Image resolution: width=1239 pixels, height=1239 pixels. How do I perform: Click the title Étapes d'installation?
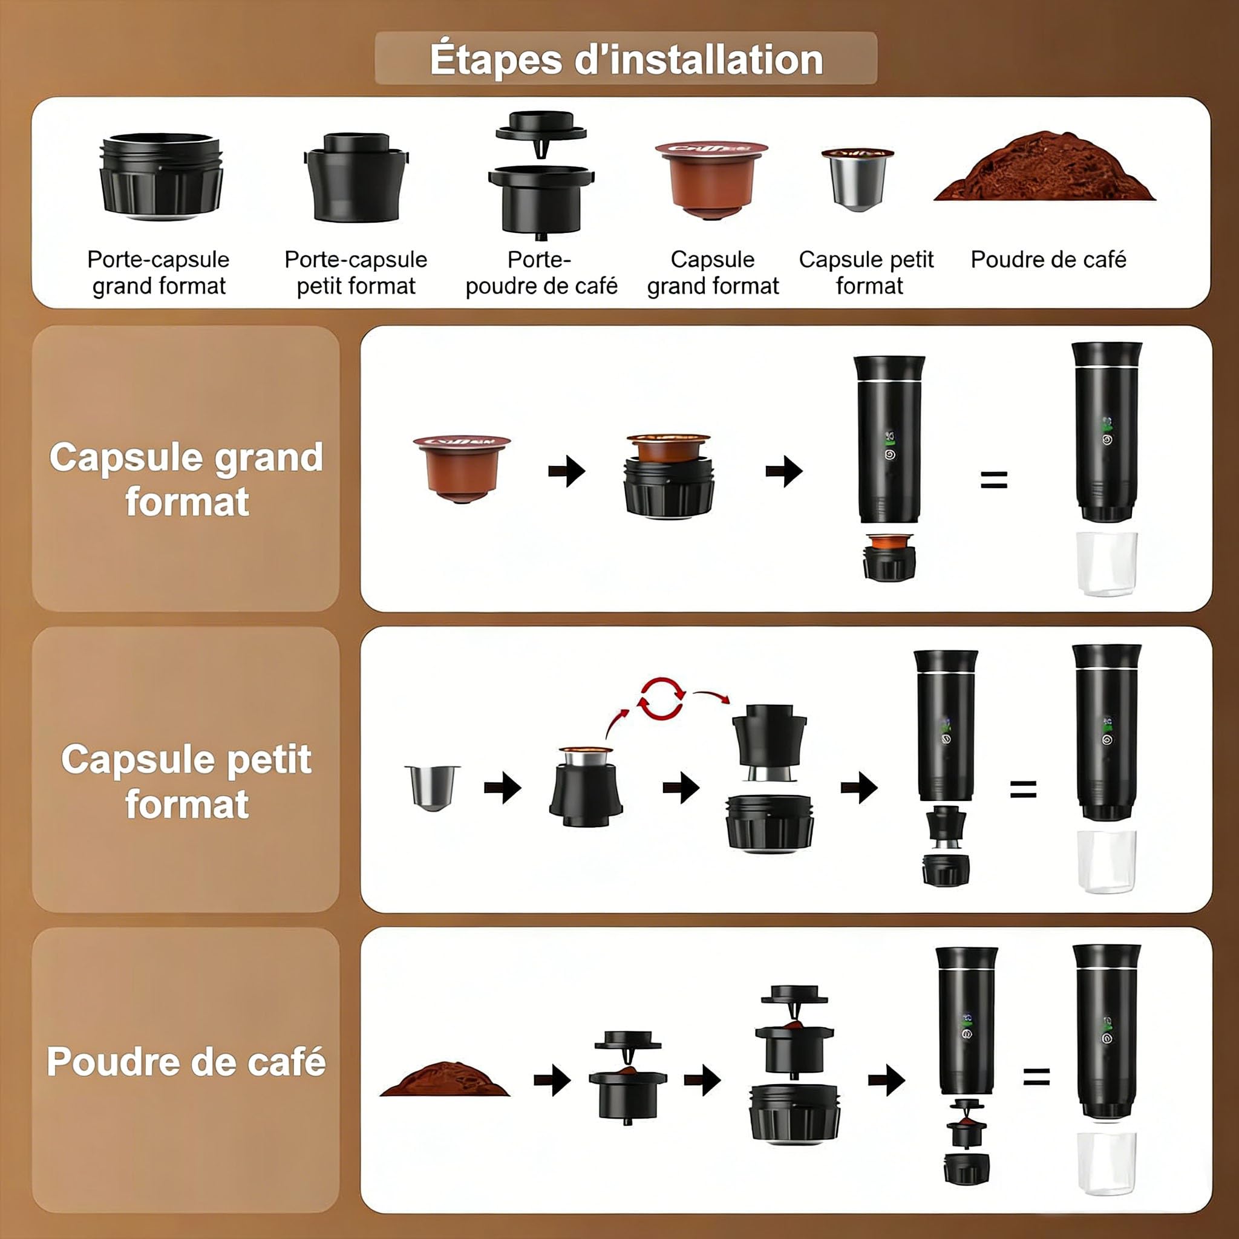click(x=626, y=59)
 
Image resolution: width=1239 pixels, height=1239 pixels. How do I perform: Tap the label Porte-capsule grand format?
click(x=159, y=273)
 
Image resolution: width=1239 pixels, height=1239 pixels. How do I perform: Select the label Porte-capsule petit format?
click(x=356, y=273)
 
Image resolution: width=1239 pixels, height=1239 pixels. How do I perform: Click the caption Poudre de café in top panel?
click(x=1048, y=260)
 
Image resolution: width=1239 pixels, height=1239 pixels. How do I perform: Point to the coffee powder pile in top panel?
click(x=1045, y=170)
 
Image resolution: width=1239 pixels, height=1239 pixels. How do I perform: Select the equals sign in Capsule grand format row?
click(x=993, y=480)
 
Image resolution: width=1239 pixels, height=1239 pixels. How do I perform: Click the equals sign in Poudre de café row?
click(x=1036, y=1077)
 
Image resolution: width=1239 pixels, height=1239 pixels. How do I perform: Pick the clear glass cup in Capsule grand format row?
click(x=1107, y=563)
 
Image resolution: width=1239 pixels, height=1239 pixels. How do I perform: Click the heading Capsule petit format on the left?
click(x=186, y=781)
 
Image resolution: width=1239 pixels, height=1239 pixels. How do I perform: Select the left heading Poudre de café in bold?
click(x=186, y=1061)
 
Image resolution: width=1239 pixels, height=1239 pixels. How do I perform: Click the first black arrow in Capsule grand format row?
click(x=567, y=471)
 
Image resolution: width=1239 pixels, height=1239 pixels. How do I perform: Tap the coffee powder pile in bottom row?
click(x=445, y=1080)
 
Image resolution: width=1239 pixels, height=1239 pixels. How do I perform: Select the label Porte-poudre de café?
click(x=541, y=273)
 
